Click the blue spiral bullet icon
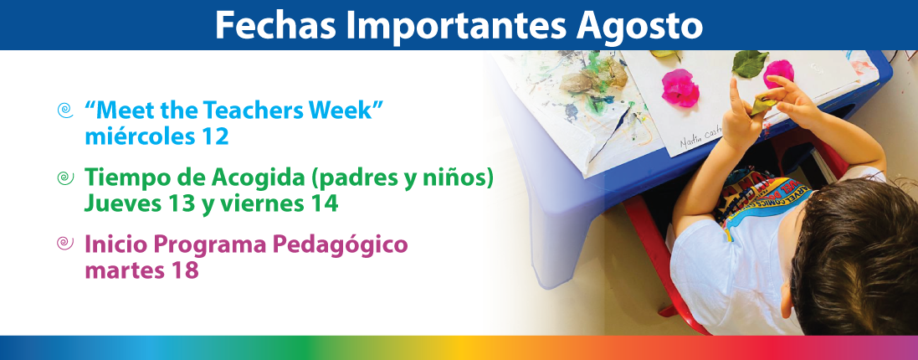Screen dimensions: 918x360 (x=65, y=111)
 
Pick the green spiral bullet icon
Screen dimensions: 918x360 (x=65, y=178)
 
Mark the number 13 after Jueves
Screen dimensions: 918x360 (x=179, y=204)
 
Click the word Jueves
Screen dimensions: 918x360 (x=121, y=204)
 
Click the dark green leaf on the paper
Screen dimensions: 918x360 (x=750, y=64)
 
